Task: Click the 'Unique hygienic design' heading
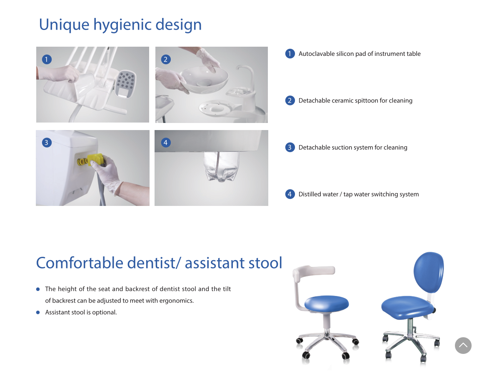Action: (x=120, y=25)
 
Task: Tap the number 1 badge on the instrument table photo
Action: (x=47, y=59)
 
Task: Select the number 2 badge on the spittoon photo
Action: (x=165, y=59)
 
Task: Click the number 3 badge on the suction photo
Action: (x=47, y=143)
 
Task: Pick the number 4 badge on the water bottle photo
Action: (x=165, y=143)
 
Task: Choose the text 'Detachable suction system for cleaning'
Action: (x=353, y=148)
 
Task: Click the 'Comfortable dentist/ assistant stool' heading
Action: (x=159, y=263)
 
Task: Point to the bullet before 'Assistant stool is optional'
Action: (x=38, y=312)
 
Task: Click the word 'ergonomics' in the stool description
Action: (x=176, y=301)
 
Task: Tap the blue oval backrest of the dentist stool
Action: (x=429, y=272)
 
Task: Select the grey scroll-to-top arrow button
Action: (x=463, y=346)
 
